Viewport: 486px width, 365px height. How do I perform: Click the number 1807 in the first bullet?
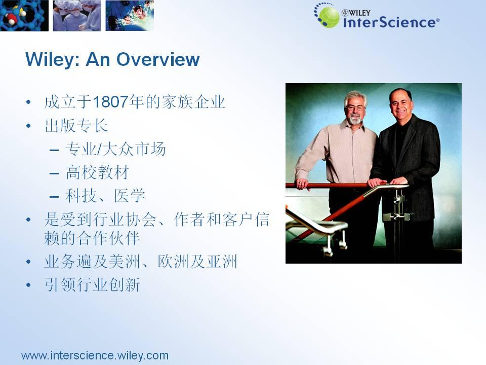coord(111,102)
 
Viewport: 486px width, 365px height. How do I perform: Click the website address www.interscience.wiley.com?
coord(95,355)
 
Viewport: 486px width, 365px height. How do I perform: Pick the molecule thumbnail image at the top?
coord(24,16)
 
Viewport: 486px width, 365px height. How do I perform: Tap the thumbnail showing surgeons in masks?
coord(77,16)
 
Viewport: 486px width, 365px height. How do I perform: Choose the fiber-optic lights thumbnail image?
coord(130,16)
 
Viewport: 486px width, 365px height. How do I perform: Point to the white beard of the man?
coord(355,119)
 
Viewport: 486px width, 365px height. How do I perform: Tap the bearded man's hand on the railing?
coord(302,184)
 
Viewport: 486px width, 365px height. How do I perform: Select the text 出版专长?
coord(76,126)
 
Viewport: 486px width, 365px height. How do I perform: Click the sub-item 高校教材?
coord(97,172)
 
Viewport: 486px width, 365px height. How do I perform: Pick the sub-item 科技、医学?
coord(105,196)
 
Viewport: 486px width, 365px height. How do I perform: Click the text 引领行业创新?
coord(92,284)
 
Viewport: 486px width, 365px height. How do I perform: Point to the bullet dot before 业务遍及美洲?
coord(28,262)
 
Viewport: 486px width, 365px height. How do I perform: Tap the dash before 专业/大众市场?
coord(54,150)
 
